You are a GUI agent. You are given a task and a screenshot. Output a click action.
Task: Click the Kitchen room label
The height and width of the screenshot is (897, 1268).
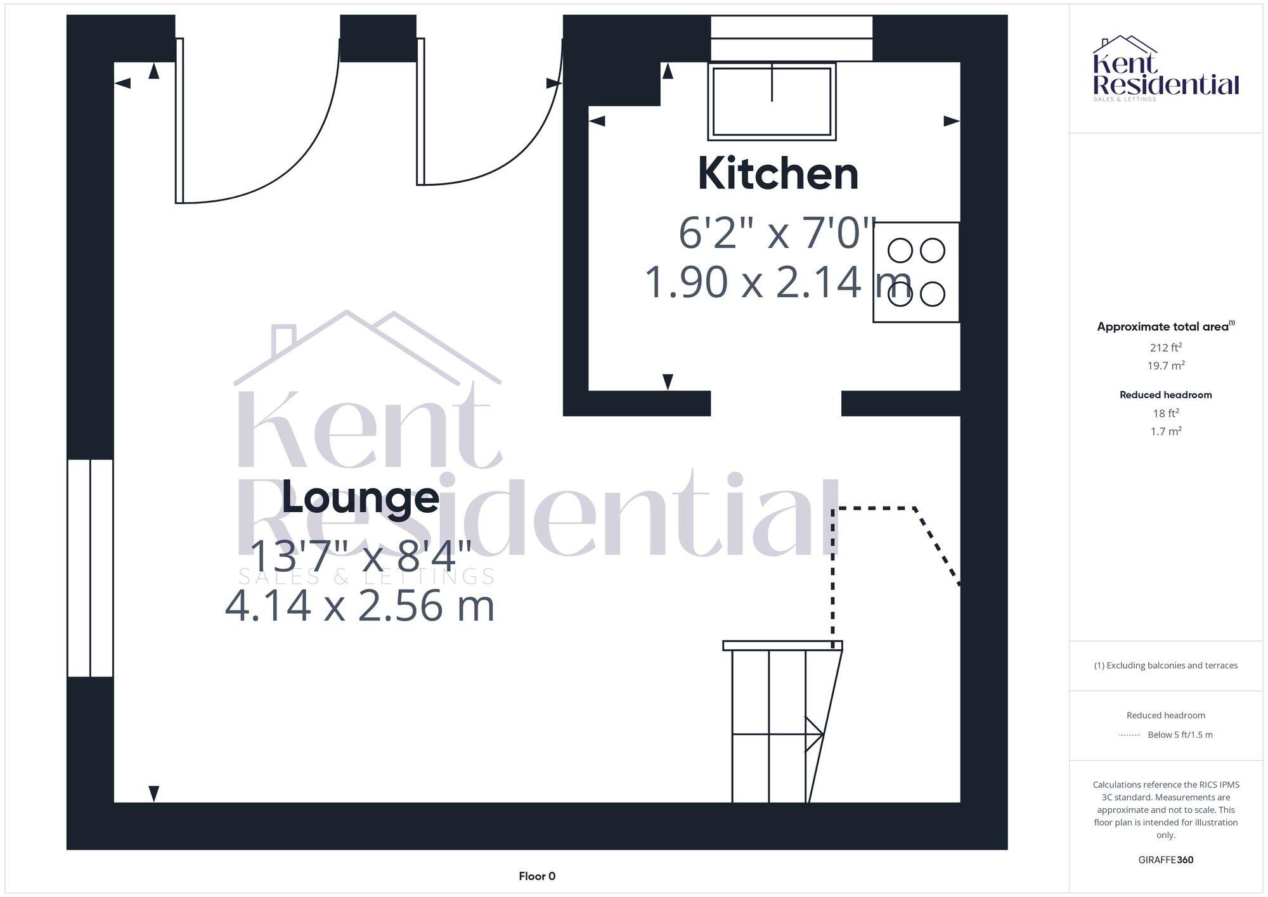point(778,174)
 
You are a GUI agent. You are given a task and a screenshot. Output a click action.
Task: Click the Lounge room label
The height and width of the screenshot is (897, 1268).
point(360,498)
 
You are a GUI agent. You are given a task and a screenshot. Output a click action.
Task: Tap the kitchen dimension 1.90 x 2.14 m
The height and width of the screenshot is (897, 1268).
point(777,282)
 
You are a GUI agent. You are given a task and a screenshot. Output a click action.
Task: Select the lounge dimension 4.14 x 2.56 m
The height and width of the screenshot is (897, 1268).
point(359,605)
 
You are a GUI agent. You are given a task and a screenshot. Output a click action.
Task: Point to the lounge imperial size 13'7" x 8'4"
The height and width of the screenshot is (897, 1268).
point(360,557)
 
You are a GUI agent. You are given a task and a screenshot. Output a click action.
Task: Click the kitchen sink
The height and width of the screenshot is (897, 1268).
point(772,101)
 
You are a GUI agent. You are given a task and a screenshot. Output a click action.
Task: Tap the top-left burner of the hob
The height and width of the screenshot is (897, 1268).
point(900,251)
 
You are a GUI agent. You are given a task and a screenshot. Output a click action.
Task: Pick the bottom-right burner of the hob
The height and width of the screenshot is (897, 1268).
point(933,294)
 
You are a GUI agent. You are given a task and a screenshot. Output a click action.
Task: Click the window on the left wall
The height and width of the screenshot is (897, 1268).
point(90,568)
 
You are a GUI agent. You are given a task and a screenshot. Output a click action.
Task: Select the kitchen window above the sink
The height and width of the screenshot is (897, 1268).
point(791,39)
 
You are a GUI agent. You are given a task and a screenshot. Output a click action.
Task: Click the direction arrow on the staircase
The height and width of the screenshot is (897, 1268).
point(814,734)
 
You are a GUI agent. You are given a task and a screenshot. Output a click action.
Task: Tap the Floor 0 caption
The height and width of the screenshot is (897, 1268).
point(537,876)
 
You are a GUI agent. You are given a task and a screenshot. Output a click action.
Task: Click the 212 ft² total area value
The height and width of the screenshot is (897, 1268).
point(1165,347)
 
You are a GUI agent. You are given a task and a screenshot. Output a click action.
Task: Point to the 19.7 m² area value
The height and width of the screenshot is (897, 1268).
point(1165,366)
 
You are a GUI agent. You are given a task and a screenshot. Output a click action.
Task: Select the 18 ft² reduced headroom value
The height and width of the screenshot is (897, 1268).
point(1165,413)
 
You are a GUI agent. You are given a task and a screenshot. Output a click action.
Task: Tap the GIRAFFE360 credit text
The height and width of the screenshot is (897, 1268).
point(1165,860)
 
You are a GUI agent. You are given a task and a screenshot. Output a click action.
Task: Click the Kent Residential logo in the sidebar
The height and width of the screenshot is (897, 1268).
point(1165,68)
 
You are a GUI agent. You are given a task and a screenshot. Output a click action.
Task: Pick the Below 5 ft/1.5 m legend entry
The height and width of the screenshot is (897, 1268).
point(1180,735)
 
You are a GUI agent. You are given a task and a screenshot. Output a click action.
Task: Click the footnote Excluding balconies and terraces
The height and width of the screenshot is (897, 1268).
point(1165,666)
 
